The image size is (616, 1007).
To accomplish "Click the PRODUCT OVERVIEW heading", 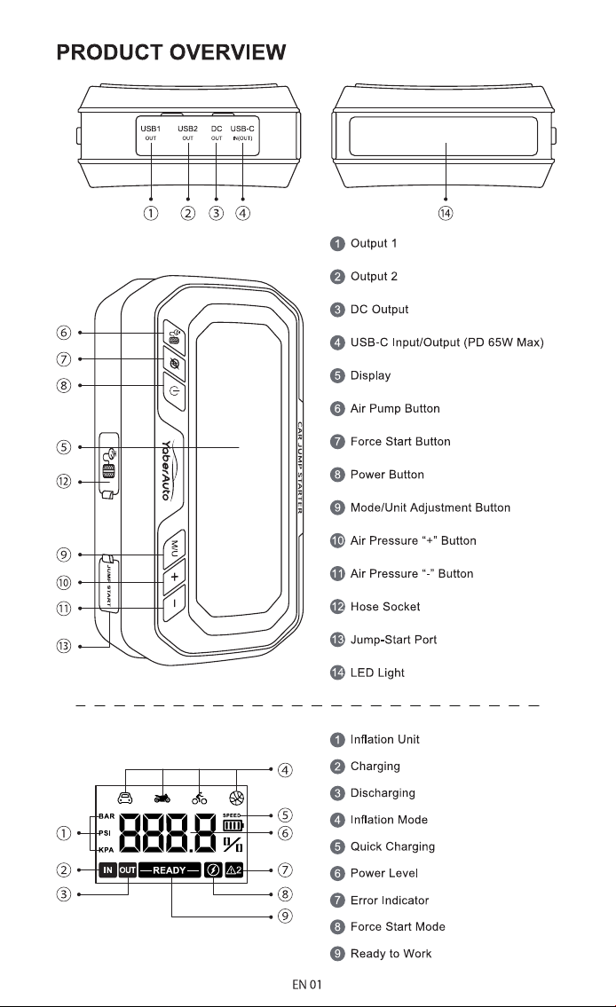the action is coord(170,52).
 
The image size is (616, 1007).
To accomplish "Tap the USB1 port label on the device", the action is coord(150,129).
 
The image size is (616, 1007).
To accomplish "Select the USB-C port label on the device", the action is coord(242,129).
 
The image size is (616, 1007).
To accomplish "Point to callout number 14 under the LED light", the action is coord(446,213).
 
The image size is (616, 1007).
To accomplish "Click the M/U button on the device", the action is coord(175,547).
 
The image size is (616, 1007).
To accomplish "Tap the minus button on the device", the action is coord(174,602).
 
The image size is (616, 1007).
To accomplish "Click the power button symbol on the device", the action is coord(175,391).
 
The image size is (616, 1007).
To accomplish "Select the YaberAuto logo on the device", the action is coord(166,469).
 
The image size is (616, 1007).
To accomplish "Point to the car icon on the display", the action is coord(124,797).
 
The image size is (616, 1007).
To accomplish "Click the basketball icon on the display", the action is coord(236,797).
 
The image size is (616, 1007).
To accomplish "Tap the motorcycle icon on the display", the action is coord(162,798).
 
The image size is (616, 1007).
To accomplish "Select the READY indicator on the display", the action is coord(170,870).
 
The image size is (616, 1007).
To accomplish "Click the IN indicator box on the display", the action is coord(107,870).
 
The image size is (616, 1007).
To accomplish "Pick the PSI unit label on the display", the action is coord(106,833).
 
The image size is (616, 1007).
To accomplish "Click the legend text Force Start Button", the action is coord(400,441).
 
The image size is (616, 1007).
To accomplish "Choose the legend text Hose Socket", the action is coord(384,606).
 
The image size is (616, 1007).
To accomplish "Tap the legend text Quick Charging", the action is coord(392,846).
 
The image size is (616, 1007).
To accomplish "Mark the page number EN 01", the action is coord(307,985).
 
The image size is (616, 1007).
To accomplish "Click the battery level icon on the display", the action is coord(233,825).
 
